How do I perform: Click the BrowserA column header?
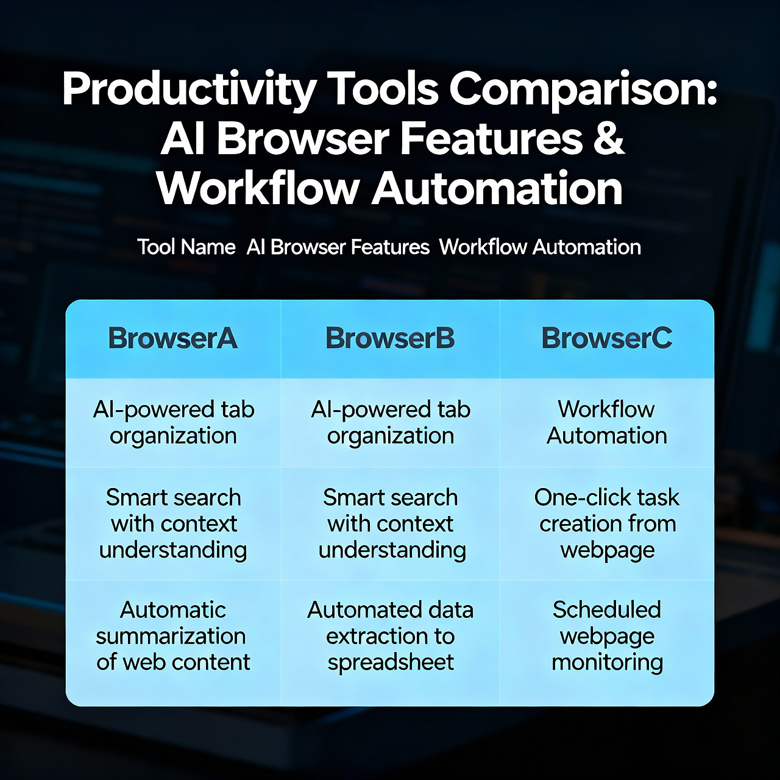click(173, 339)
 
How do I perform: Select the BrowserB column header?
click(390, 339)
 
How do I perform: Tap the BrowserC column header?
click(607, 339)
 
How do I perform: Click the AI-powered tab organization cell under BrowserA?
click(173, 422)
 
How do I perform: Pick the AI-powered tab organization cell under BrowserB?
click(390, 422)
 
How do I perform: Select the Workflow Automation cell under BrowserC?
click(607, 422)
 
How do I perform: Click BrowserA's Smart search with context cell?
click(173, 523)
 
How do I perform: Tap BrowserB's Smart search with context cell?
click(390, 523)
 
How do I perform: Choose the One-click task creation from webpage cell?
click(607, 523)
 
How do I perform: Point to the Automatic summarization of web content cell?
click(173, 636)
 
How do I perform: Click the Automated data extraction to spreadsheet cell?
click(390, 636)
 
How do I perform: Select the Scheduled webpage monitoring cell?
click(607, 636)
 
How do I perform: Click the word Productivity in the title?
click(189, 90)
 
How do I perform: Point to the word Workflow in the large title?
click(258, 188)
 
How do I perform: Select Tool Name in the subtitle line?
click(186, 247)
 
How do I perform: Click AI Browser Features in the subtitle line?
click(338, 247)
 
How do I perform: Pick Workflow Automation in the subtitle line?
click(540, 247)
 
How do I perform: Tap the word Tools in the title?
click(383, 88)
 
